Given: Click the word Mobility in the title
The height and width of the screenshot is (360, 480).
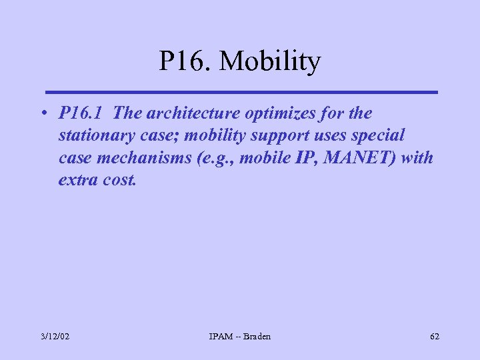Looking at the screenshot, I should coord(270,63).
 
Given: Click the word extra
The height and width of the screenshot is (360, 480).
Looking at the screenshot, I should coord(77,181).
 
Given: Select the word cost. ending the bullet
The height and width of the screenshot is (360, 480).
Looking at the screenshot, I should coord(118,181).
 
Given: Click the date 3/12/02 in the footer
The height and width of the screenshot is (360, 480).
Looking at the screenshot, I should coord(55,337).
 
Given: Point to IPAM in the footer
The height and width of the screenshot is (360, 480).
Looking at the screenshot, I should coord(221,337).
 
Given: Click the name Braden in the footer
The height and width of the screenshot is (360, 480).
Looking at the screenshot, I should coord(257,337).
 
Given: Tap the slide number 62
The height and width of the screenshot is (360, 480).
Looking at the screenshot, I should coord(435,337).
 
